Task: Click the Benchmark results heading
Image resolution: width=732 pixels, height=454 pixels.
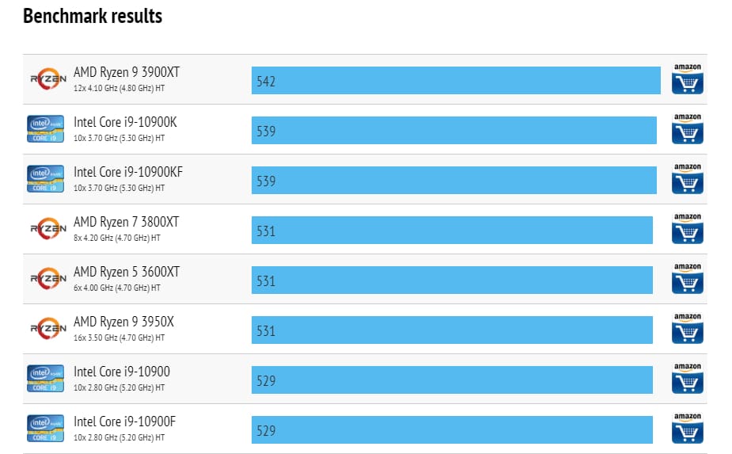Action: point(93,17)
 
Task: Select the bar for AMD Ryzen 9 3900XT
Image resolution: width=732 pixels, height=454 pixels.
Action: point(456,80)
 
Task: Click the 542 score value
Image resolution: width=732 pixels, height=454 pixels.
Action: point(266,81)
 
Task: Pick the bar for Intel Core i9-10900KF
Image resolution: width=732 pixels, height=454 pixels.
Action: point(453,180)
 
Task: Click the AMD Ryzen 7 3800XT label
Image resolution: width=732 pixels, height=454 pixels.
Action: point(127,222)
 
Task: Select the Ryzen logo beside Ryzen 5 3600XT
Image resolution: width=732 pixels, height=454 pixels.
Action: point(47,279)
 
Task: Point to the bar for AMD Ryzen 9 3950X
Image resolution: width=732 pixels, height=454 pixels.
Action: point(452,330)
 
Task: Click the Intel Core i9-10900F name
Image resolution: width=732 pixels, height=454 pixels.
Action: point(124,422)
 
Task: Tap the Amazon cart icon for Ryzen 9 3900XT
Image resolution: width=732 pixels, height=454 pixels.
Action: point(687,79)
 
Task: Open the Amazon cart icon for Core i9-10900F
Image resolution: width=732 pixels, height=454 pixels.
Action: point(687,429)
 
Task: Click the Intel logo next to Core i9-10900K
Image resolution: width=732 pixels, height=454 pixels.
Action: point(45,129)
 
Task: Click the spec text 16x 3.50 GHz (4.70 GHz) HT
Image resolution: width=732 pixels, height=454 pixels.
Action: point(119,338)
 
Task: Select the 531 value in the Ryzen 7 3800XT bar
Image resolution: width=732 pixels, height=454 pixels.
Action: point(266,231)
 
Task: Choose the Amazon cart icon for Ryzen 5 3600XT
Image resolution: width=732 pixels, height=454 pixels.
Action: point(687,279)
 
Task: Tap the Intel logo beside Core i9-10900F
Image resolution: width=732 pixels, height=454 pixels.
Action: point(45,429)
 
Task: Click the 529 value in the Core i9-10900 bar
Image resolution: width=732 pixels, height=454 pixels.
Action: point(266,380)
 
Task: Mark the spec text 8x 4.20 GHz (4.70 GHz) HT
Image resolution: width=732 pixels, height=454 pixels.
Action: point(117,238)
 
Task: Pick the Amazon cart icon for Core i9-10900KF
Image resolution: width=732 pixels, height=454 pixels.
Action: point(687,179)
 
